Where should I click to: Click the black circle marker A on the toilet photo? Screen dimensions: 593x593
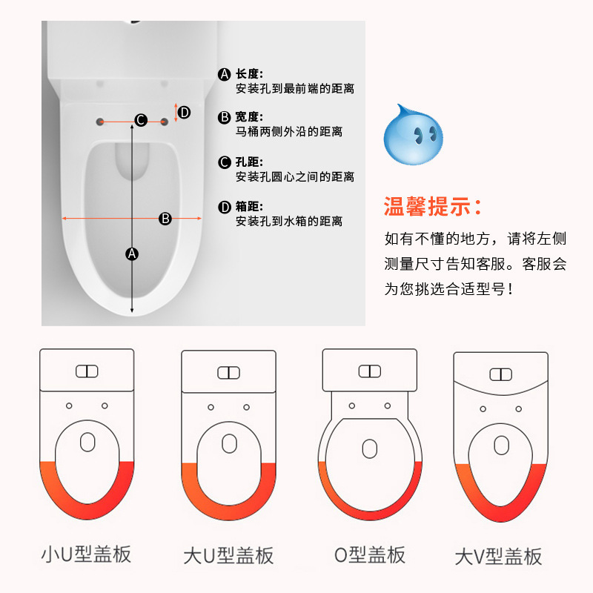132,254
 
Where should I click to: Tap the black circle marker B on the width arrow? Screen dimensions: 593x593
165,218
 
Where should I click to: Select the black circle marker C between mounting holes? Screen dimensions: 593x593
141,120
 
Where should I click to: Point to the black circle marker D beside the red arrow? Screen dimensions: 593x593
185,113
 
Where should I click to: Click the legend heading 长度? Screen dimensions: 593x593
249,73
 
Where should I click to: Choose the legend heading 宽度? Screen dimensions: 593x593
249,117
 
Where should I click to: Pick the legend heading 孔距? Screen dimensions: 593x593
249,162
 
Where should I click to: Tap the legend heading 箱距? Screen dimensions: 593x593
249,206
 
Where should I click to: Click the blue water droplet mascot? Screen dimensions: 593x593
413,131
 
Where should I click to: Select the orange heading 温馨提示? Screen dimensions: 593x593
434,206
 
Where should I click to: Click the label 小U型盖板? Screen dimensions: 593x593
86,554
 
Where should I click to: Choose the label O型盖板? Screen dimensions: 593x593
369,554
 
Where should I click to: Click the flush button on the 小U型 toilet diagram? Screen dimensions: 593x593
87,371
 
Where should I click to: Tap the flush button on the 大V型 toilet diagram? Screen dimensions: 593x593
501,374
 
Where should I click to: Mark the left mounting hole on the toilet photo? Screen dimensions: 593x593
99,120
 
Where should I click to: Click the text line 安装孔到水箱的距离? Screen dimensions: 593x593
294,221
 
